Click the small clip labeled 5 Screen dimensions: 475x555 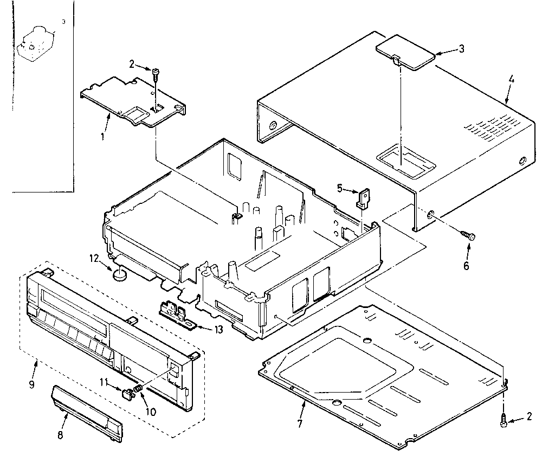tap(363, 197)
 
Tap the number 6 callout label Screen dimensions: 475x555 tap(466, 266)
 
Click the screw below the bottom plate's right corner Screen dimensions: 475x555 tap(504, 419)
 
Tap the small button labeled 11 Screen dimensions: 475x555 tap(128, 394)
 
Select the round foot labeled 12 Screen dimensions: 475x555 tap(121, 275)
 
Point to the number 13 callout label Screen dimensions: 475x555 tap(218, 330)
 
